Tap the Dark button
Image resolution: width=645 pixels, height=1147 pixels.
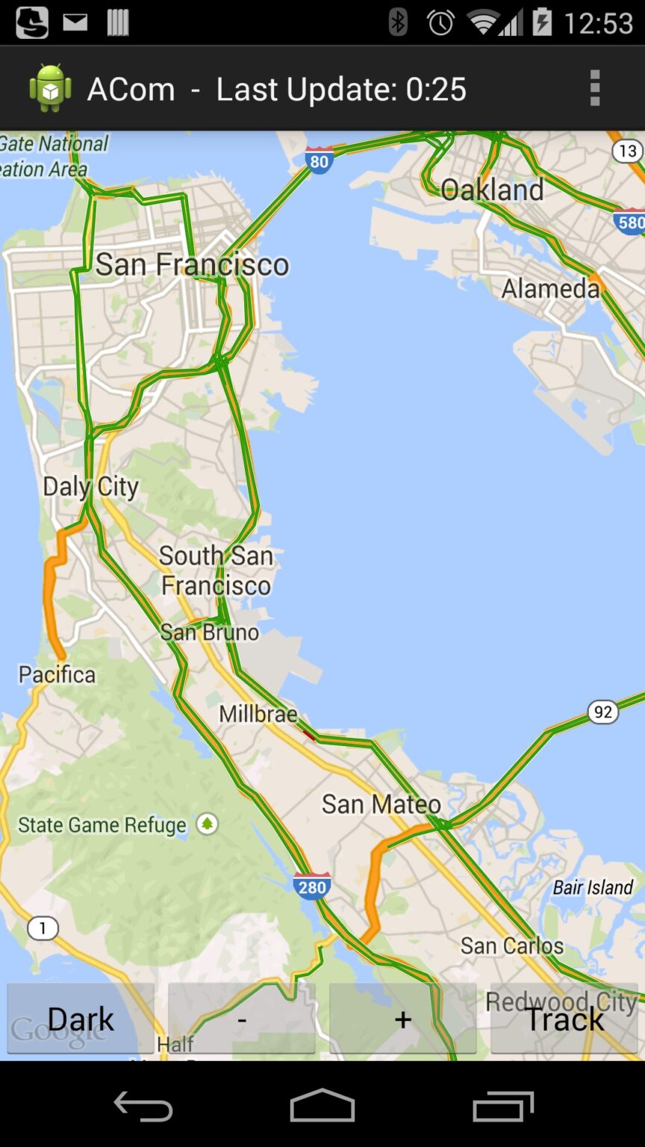tap(81, 1019)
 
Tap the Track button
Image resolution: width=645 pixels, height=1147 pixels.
tap(564, 1019)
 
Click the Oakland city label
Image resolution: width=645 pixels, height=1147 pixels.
tap(492, 190)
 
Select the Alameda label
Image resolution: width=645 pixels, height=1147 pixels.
tap(550, 288)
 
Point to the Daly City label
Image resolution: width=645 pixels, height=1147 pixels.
tap(91, 487)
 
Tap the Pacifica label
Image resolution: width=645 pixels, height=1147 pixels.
tap(57, 674)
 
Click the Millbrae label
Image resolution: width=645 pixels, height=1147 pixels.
tap(258, 714)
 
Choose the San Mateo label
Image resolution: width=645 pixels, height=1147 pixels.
tap(381, 804)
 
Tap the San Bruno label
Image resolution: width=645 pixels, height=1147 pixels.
tap(210, 632)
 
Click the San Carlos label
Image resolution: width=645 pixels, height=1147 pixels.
tap(512, 945)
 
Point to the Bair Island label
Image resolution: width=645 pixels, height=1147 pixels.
tap(593, 887)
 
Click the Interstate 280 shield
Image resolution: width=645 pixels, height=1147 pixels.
tap(312, 886)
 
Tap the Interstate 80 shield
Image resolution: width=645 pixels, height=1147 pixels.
tap(319, 161)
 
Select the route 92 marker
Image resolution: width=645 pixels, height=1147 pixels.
tap(602, 712)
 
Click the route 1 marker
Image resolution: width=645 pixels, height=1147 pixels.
tap(43, 928)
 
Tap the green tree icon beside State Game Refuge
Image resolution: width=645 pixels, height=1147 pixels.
tap(208, 824)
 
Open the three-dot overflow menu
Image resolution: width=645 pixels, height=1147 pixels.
tap(595, 89)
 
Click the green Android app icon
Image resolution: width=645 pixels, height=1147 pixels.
tap(50, 89)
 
